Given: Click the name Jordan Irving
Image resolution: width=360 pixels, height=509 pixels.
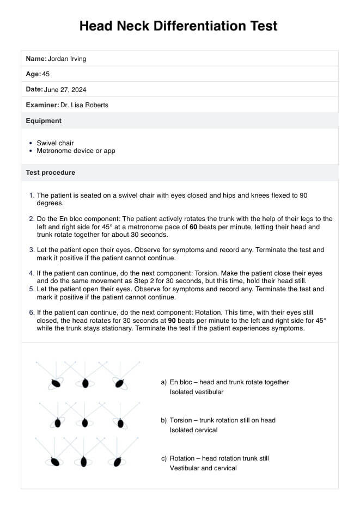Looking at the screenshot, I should (x=67, y=59).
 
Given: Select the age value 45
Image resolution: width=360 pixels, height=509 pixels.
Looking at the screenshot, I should (x=46, y=74).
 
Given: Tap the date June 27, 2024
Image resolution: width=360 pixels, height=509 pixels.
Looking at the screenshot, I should (x=65, y=90).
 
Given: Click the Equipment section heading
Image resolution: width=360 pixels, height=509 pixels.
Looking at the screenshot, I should (x=44, y=121).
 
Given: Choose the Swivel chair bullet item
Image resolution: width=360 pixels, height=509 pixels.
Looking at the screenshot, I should (x=55, y=143).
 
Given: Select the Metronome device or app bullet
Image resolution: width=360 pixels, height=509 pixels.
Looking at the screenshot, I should (x=76, y=151).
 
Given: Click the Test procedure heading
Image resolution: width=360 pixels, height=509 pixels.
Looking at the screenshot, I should (x=51, y=173).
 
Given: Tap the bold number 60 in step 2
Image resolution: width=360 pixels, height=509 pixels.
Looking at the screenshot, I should (x=193, y=227).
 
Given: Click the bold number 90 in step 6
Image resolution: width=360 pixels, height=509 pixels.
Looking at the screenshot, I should (x=172, y=321).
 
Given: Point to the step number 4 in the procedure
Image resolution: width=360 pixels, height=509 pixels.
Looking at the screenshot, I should (x=31, y=273).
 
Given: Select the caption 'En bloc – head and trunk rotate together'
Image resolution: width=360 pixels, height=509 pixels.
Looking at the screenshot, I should (x=229, y=382).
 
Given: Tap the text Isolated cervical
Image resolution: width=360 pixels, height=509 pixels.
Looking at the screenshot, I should (x=193, y=430).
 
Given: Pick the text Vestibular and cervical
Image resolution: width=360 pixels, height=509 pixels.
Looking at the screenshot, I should (x=203, y=468).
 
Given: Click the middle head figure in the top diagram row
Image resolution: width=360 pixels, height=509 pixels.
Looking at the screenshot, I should (x=85, y=383).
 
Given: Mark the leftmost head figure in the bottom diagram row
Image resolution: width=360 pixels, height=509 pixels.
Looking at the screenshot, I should (x=54, y=462).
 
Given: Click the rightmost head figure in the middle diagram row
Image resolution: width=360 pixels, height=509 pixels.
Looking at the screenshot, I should (x=120, y=422).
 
